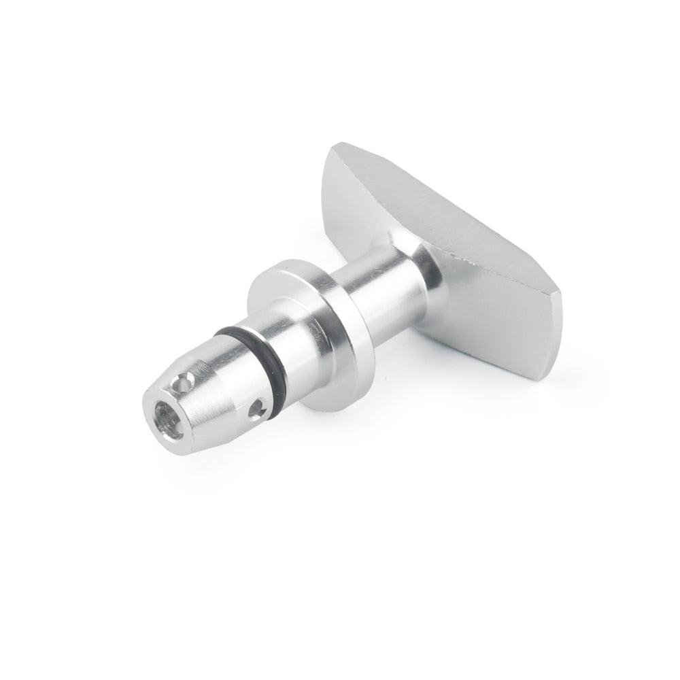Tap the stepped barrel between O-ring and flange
(x=292, y=340)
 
